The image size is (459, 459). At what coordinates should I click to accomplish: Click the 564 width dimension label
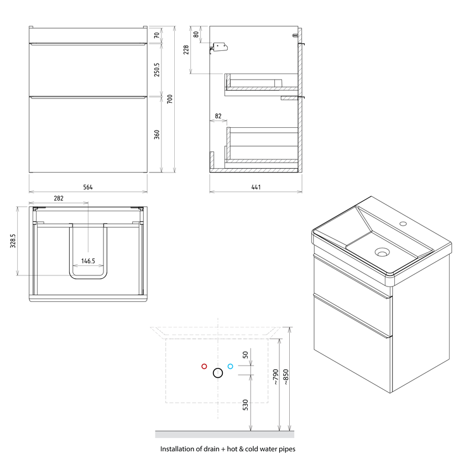tap(87, 187)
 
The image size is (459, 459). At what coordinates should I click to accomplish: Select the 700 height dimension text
tap(170, 99)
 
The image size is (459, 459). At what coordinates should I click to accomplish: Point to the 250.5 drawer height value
tap(157, 70)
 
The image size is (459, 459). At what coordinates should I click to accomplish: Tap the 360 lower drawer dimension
tap(157, 134)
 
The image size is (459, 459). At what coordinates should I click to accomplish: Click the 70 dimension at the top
tap(157, 35)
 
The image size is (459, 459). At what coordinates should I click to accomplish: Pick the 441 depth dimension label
tap(255, 187)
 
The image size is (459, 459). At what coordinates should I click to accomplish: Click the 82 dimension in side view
tap(218, 116)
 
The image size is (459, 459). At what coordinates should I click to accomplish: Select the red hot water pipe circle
tap(204, 366)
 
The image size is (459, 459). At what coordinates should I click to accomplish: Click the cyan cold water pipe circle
tap(231, 366)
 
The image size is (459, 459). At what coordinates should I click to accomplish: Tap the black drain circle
tap(217, 373)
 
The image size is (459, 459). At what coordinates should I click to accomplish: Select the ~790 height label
tap(274, 378)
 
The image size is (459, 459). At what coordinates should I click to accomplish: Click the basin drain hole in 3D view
tap(382, 253)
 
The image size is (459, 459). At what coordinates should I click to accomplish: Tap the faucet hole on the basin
tap(404, 225)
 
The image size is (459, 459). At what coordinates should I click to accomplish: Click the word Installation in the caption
tap(178, 449)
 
